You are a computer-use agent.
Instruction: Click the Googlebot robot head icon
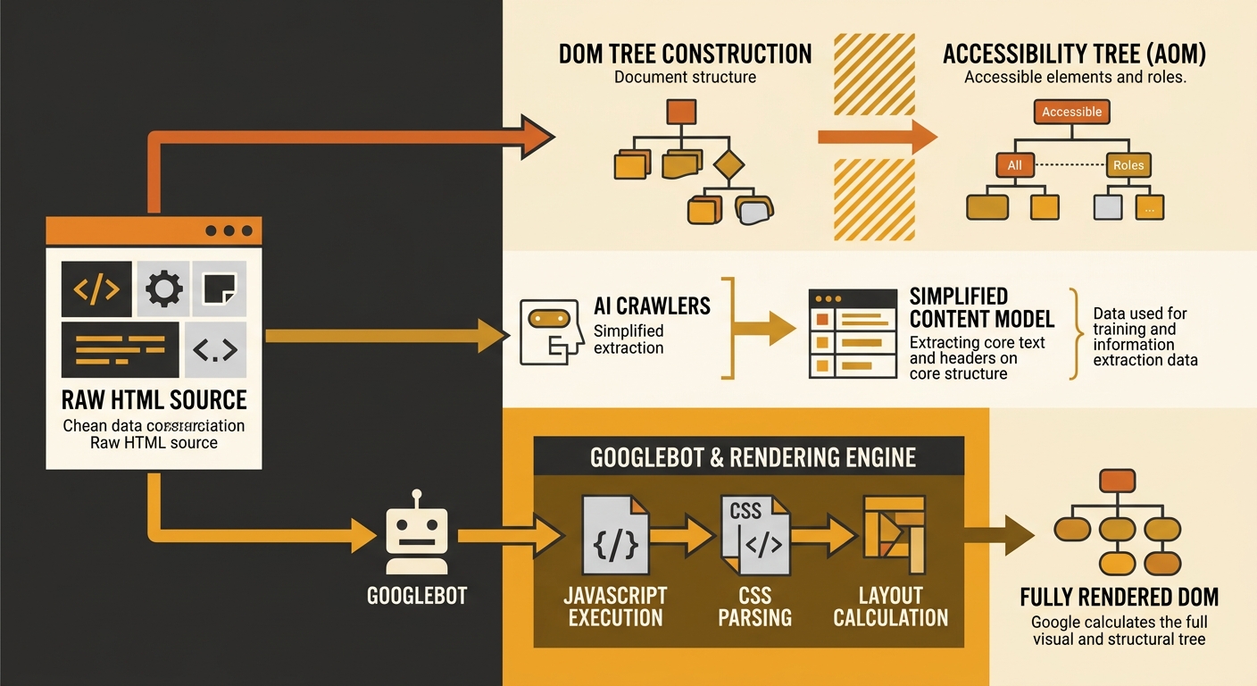[417, 535]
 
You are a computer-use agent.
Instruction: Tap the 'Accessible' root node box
[1071, 112]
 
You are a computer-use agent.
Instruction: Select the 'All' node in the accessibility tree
[1014, 165]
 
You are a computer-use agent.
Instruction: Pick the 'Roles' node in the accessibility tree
[1128, 165]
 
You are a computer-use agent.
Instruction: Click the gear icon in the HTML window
[163, 289]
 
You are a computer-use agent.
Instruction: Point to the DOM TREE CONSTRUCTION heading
[685, 54]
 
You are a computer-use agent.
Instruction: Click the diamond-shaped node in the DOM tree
[728, 164]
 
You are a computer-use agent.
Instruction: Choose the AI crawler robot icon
[543, 331]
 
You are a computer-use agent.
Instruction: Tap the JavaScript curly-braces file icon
[615, 535]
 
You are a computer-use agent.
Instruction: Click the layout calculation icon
[894, 534]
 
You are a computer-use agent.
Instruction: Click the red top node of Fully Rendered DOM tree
[1117, 481]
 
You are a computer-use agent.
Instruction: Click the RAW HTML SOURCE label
[154, 398]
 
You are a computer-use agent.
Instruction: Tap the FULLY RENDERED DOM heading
[1119, 597]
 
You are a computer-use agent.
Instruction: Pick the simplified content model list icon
[853, 333]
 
